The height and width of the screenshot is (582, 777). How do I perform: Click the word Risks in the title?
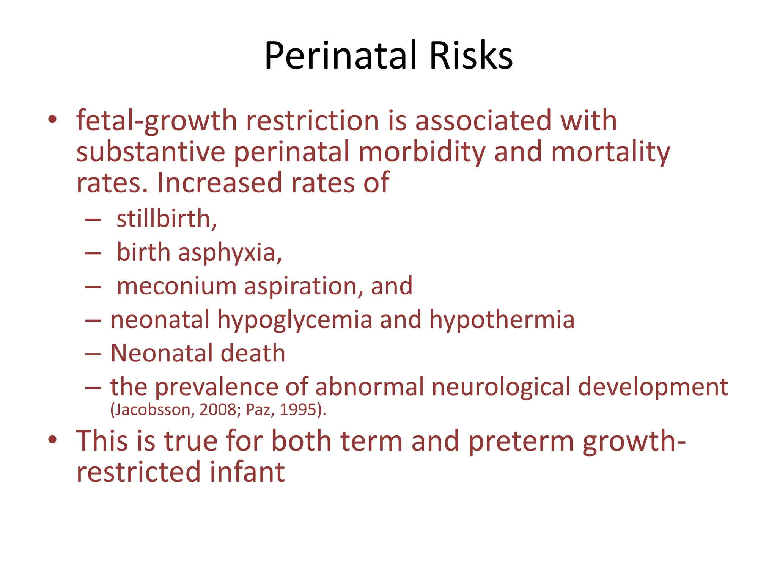click(x=471, y=56)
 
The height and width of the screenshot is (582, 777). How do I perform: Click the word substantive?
click(x=151, y=152)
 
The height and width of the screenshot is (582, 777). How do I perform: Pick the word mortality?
click(x=610, y=152)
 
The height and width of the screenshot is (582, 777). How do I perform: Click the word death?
click(x=253, y=353)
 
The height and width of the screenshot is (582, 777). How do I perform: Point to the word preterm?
click(x=521, y=441)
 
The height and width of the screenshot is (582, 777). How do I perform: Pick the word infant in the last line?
click(x=247, y=472)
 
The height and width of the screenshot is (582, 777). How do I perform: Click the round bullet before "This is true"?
click(x=52, y=440)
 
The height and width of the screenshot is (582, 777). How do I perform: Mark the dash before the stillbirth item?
click(x=93, y=219)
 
